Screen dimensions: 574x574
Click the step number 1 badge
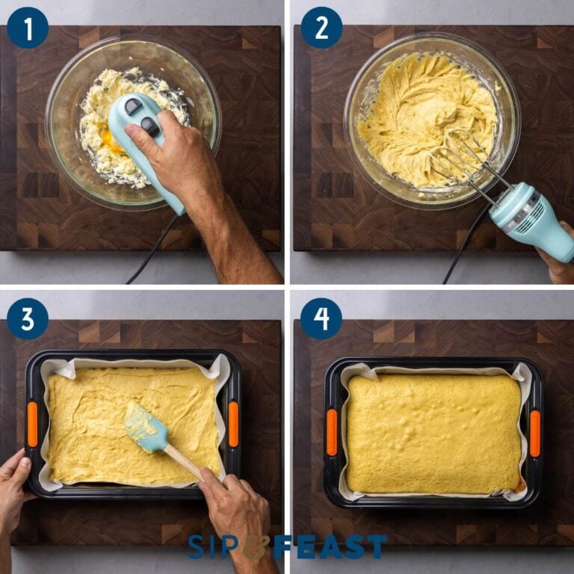click(x=28, y=28)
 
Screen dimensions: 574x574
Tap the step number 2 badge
click(x=322, y=28)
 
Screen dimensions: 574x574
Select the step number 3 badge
click(x=28, y=319)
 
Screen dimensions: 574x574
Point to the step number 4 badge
click(x=321, y=319)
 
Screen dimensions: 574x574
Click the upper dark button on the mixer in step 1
click(x=134, y=107)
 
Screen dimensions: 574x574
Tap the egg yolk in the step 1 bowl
click(x=110, y=141)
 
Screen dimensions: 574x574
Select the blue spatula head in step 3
click(x=146, y=427)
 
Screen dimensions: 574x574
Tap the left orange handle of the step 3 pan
click(x=32, y=425)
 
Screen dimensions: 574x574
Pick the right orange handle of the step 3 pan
click(x=233, y=425)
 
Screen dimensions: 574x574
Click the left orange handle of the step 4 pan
click(x=332, y=432)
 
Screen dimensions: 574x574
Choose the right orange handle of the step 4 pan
click(x=535, y=433)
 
